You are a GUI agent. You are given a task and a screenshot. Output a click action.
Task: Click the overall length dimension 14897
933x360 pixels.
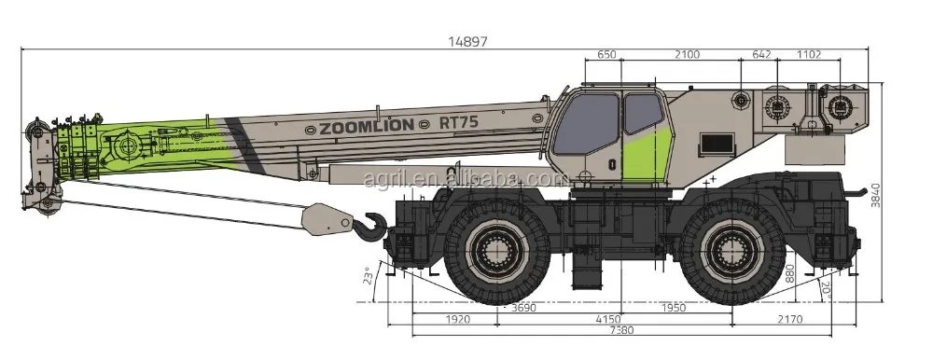467,41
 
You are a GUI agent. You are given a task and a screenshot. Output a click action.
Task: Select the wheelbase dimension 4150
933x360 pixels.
608,320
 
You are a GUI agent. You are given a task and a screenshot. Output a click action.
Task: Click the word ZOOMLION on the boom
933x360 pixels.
367,126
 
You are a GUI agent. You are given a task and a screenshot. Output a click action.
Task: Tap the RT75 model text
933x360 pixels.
458,122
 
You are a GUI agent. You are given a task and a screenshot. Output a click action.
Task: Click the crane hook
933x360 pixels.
372,227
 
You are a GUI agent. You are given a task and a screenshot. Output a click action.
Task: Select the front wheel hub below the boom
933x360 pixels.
496,251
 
